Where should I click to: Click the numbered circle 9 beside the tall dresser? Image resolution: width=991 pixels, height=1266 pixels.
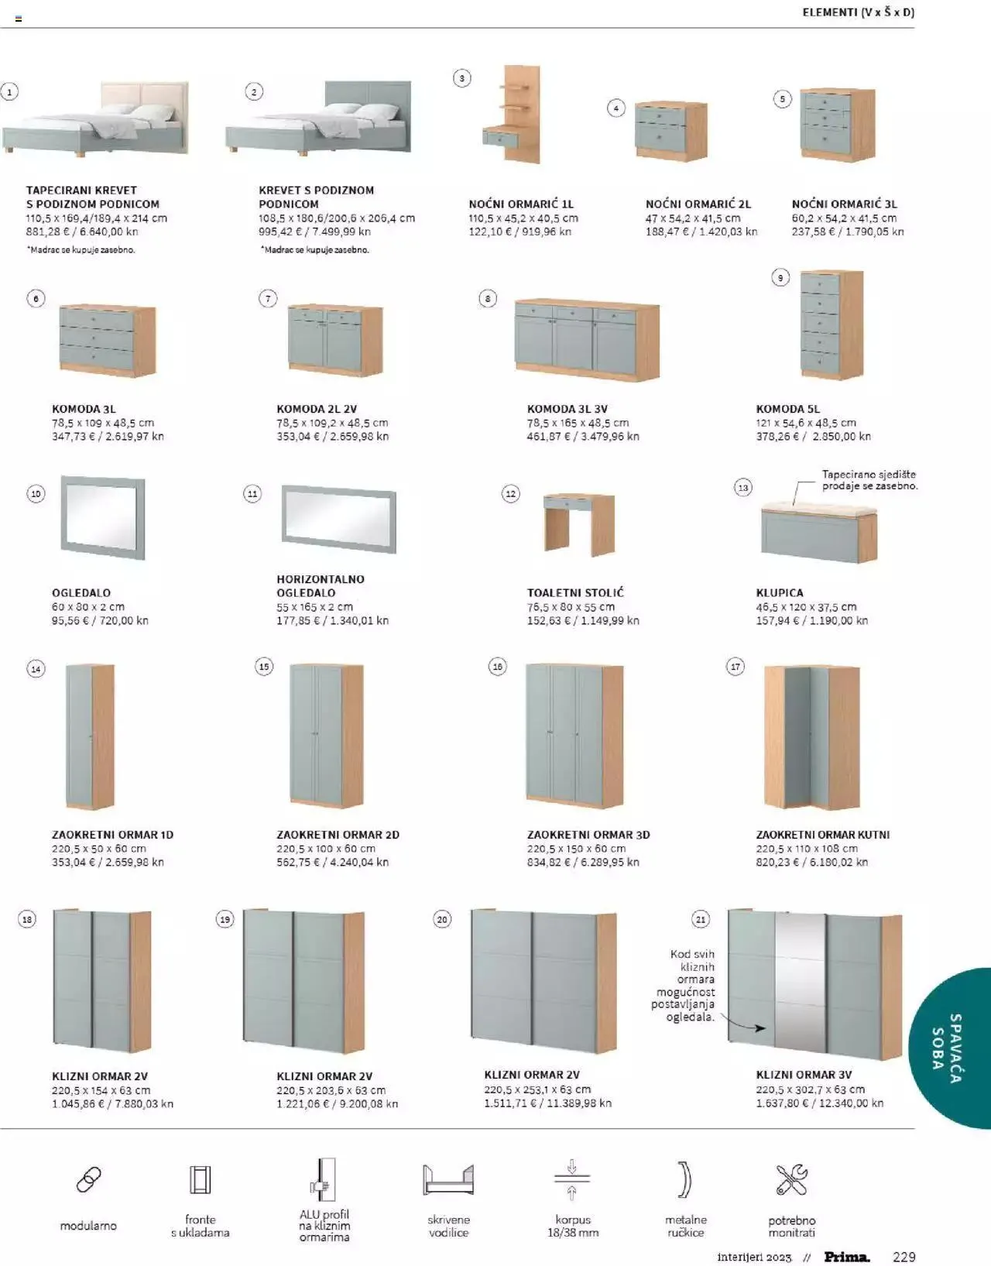780,278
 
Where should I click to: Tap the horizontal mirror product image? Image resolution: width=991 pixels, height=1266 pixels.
338,518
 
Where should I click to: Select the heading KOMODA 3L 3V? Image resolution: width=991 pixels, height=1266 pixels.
567,409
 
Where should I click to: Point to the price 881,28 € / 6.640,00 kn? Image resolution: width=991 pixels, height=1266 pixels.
82,232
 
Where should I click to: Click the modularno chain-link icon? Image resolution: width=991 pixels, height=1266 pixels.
88,1179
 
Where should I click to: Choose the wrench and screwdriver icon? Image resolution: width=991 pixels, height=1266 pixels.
791,1179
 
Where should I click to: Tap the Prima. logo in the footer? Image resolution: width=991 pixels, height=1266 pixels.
846,1257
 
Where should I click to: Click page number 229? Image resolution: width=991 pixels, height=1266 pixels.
904,1257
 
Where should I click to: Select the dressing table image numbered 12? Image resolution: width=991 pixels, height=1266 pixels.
579,523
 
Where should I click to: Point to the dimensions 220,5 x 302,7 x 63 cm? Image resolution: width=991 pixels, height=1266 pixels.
810,1089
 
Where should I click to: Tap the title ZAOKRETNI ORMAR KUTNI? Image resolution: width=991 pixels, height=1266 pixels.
822,835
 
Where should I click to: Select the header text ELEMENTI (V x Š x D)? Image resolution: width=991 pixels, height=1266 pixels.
858,12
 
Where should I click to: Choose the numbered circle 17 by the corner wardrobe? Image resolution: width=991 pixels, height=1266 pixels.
736,667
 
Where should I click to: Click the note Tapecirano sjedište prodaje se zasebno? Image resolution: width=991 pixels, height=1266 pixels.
869,480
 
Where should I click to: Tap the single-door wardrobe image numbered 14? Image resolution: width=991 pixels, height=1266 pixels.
90,736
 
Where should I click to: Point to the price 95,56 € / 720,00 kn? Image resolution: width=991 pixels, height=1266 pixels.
100,621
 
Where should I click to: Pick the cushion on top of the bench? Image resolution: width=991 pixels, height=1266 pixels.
819,509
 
